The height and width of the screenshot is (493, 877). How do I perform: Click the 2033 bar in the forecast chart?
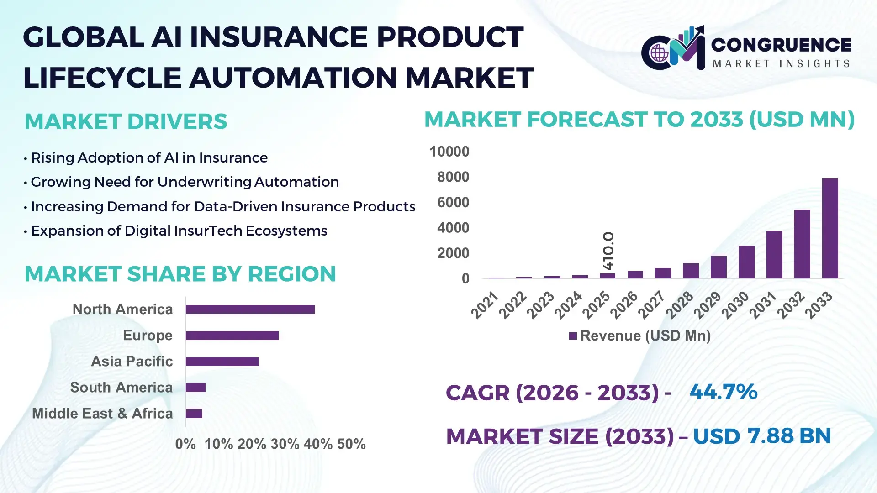click(x=830, y=228)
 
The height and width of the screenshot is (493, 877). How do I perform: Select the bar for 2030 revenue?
click(x=746, y=262)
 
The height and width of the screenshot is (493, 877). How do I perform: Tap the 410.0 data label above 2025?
click(x=608, y=251)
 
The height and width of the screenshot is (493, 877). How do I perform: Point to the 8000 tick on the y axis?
click(x=453, y=177)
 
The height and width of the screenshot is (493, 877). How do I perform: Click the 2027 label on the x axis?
click(x=652, y=305)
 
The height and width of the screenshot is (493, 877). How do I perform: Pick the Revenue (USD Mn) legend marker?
click(x=573, y=336)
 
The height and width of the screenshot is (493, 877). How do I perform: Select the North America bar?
click(x=250, y=309)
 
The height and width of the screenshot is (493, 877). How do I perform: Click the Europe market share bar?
click(x=232, y=336)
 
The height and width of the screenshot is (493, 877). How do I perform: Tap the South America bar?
click(x=195, y=388)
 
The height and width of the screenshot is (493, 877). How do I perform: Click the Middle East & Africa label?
click(x=102, y=414)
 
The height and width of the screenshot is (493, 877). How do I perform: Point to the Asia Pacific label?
click(x=132, y=362)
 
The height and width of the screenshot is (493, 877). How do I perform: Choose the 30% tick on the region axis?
click(x=285, y=444)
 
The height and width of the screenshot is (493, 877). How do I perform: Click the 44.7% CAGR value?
click(x=723, y=392)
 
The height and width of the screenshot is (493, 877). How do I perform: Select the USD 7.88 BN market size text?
click(x=761, y=436)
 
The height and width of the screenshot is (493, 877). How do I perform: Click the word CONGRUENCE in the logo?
click(x=781, y=45)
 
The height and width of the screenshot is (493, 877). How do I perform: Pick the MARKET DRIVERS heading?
click(x=126, y=121)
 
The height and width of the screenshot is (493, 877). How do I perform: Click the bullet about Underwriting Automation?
click(x=185, y=182)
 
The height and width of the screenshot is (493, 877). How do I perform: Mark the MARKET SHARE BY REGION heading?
click(x=180, y=274)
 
